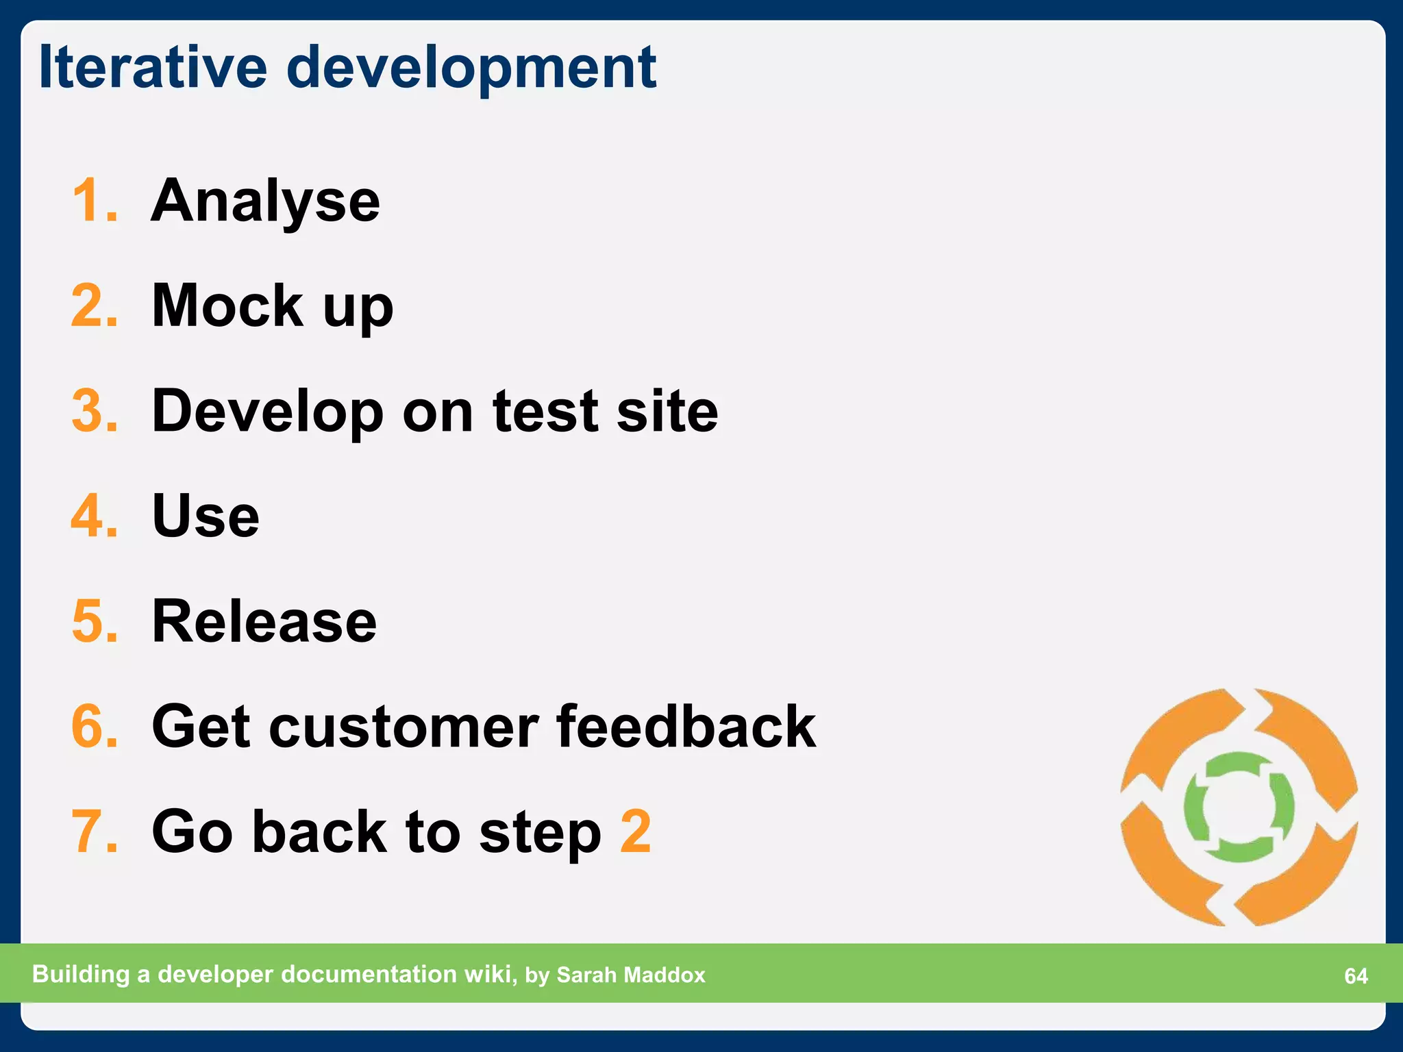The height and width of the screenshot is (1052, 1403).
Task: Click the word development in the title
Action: [x=471, y=68]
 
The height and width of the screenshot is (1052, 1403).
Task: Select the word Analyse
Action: [x=265, y=202]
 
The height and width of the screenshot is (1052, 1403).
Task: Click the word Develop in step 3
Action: [x=267, y=412]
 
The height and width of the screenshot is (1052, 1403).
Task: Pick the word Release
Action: [x=264, y=621]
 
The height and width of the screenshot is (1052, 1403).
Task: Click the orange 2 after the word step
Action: [x=635, y=831]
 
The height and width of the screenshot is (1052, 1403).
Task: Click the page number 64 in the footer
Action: [x=1356, y=976]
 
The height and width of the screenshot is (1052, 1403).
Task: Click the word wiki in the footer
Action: [x=489, y=974]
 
